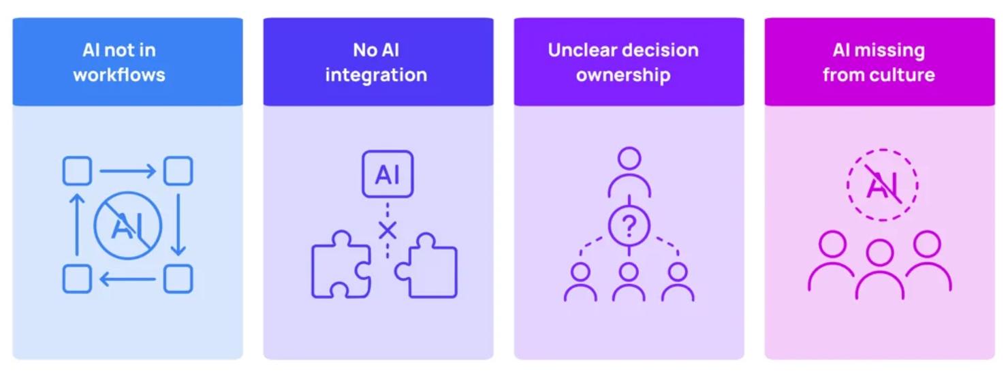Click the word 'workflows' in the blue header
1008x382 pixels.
click(119, 75)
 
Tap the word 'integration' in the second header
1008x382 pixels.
click(376, 76)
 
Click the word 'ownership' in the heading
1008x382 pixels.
click(623, 76)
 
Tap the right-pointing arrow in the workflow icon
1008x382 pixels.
click(128, 171)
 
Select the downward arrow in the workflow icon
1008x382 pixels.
click(178, 225)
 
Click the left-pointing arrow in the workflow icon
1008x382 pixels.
click(128, 279)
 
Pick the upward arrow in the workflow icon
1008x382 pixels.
click(77, 225)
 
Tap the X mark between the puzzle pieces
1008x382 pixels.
click(388, 230)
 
